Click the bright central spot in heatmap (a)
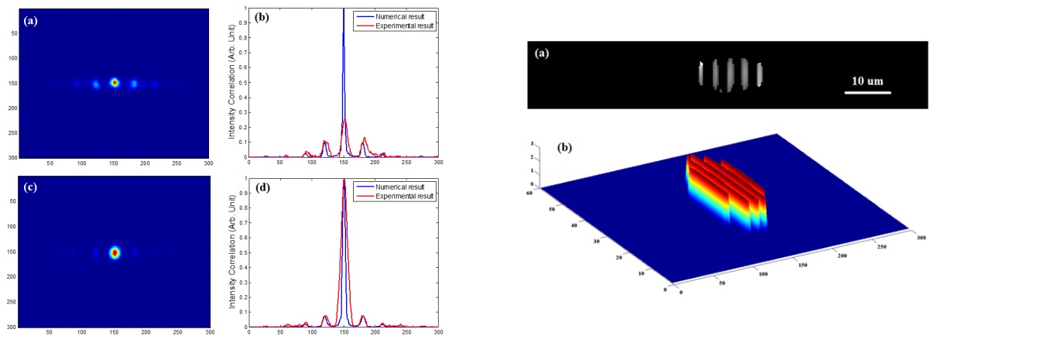tap(115, 82)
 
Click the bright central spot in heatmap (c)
tap(115, 252)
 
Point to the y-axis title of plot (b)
tap(231, 82)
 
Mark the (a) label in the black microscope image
tap(543, 53)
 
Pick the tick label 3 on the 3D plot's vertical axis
tap(531, 145)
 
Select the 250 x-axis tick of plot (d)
tap(406, 333)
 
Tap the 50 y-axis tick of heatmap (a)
tap(12, 33)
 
